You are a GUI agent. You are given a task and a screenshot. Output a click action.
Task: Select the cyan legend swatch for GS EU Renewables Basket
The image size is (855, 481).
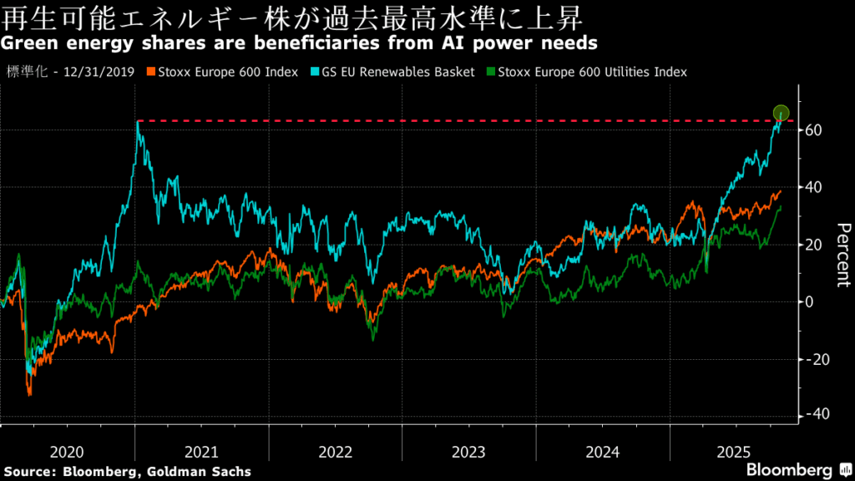316,73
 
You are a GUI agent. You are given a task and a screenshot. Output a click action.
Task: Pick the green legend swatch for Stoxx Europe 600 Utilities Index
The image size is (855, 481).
491,73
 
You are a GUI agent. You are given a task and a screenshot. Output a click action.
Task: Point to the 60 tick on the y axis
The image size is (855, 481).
816,130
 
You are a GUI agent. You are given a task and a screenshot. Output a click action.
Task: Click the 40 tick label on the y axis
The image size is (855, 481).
816,187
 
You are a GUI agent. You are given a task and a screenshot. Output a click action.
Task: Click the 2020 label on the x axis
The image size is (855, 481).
67,452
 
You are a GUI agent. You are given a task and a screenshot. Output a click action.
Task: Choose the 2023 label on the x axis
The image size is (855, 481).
468,452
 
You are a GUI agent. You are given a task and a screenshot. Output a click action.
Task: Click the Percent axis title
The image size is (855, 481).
843,255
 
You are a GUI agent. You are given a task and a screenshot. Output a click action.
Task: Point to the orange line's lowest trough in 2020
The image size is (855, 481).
29,393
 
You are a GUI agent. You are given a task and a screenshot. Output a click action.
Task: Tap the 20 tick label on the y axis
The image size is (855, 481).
816,245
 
